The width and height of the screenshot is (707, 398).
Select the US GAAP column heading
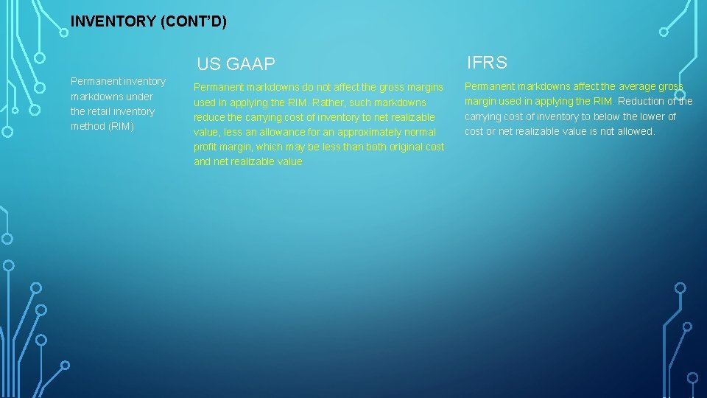[x=236, y=64]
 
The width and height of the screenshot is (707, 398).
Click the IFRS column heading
[x=487, y=63]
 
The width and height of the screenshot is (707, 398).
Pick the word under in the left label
[x=139, y=97]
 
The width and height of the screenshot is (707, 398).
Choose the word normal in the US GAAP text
[x=420, y=132]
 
